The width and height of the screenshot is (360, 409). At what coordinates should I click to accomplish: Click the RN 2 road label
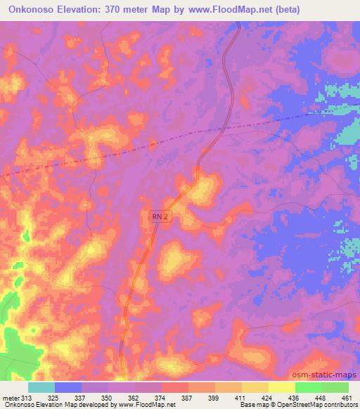161,219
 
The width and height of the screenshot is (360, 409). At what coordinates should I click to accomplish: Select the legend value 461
346,398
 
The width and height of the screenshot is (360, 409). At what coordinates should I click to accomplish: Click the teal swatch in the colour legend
41,387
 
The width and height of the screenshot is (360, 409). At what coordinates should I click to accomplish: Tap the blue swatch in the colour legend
68,387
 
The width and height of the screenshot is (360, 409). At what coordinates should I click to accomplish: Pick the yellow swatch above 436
281,387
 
